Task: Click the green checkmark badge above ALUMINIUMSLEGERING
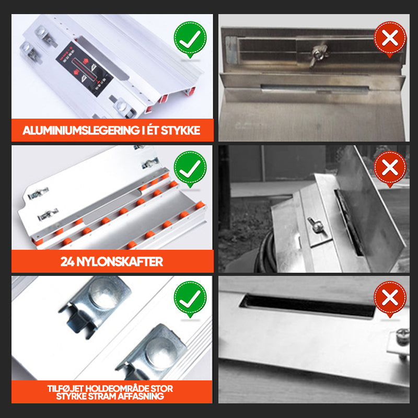pos(190,39)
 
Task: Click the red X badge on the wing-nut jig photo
pos(390,39)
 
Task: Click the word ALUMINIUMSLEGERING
pos(81,130)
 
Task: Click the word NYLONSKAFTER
pos(120,262)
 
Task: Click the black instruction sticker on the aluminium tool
pos(84,69)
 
